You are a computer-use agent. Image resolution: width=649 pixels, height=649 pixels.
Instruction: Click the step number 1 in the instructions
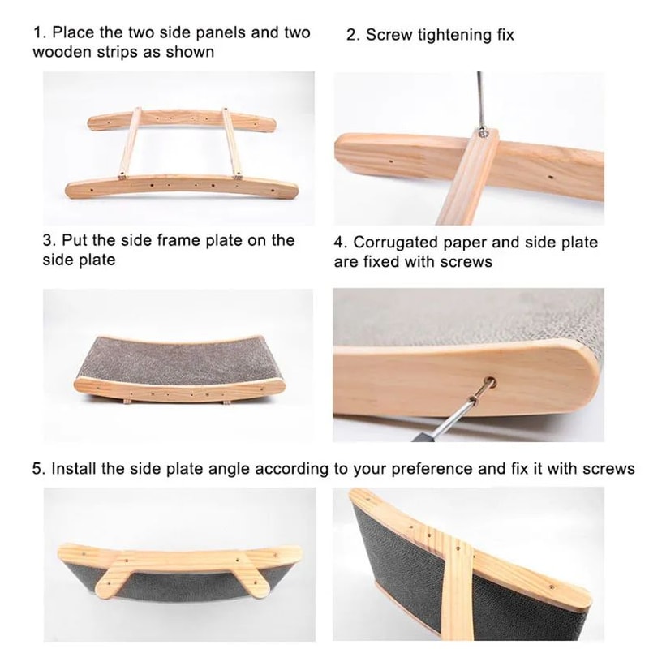37,33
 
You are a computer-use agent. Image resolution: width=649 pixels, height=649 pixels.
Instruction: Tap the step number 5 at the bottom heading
37,469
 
